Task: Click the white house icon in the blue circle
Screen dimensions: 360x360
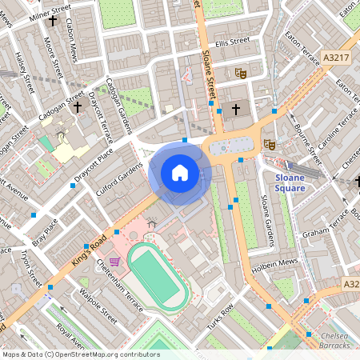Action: pos(180,173)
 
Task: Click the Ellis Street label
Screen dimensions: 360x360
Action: pos(233,41)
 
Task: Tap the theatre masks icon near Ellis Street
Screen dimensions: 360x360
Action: pos(239,74)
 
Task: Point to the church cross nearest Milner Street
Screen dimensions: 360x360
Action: pos(53,21)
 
